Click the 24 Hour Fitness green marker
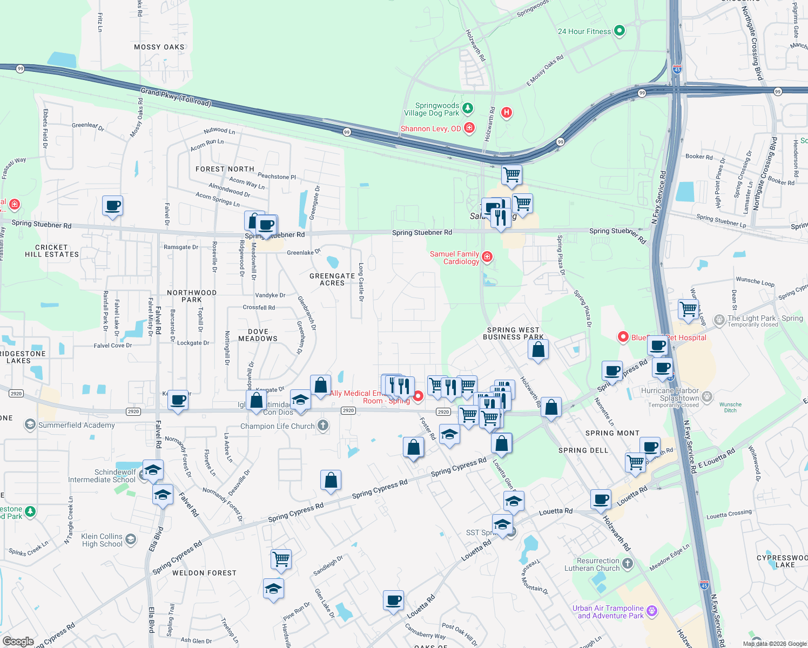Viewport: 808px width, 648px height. tap(620, 31)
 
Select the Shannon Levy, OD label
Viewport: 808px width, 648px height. tap(431, 129)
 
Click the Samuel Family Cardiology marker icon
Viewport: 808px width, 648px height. tap(487, 256)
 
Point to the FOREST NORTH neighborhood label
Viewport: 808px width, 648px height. tap(225, 169)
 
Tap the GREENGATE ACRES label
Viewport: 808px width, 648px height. tap(332, 279)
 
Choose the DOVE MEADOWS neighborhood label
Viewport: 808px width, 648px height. tap(258, 335)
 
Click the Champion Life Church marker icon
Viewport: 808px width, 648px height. tap(323, 426)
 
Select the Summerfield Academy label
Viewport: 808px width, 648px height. tap(76, 425)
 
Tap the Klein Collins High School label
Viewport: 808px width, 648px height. tap(102, 540)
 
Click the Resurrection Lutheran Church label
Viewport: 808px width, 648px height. tap(592, 564)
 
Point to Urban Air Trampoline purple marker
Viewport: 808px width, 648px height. tap(652, 611)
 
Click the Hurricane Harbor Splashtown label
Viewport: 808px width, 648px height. tap(670, 394)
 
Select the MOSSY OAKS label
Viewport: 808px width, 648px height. tap(159, 47)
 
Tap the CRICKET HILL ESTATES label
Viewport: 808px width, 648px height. tap(52, 251)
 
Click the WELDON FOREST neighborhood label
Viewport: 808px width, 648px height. tap(204, 573)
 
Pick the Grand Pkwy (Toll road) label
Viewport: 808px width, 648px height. tap(176, 97)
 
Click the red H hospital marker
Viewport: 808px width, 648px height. tap(507, 112)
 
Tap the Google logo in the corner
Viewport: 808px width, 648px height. tap(18, 642)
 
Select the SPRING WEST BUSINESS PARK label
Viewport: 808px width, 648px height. tap(513, 333)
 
